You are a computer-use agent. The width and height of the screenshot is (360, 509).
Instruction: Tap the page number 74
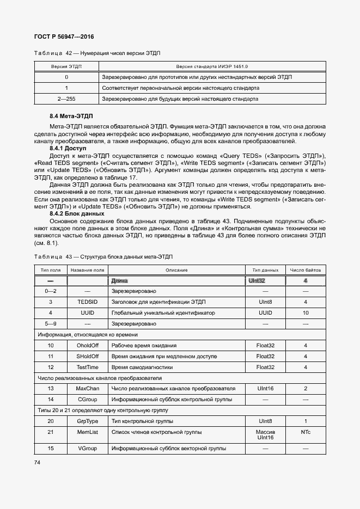[x=38, y=462]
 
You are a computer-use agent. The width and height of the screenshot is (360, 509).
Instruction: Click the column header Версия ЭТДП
[x=66, y=66]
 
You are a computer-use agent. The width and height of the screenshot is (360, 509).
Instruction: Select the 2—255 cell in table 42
[x=66, y=99]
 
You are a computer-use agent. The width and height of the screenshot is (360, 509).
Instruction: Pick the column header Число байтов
[x=305, y=270]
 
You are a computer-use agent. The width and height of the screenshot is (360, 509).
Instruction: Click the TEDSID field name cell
[x=87, y=302]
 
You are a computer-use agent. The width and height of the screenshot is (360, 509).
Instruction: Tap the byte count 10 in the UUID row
[x=305, y=313]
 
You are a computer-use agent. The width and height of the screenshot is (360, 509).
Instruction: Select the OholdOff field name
[x=87, y=346]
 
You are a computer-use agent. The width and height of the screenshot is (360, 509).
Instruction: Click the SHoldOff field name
[x=87, y=357]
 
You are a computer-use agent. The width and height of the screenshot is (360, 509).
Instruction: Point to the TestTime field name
[x=87, y=367]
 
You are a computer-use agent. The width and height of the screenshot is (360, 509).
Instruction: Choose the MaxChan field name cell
[x=87, y=389]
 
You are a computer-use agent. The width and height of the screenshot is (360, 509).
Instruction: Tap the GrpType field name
[x=87, y=421]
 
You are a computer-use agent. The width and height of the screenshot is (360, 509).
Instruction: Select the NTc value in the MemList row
[x=305, y=432]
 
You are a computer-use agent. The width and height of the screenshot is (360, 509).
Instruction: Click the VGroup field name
[x=87, y=448]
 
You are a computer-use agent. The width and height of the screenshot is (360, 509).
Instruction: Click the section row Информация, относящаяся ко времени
[x=87, y=335]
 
